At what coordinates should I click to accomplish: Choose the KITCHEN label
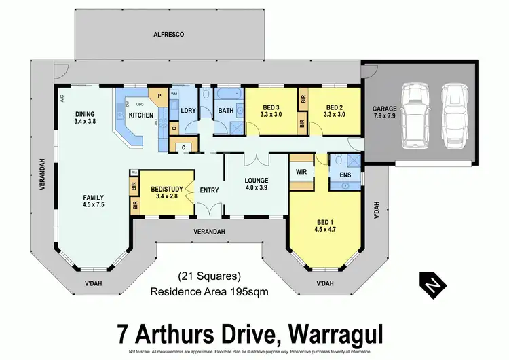click(141, 116)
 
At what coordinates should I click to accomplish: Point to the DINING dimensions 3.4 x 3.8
click(85, 123)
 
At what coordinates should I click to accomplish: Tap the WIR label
click(302, 173)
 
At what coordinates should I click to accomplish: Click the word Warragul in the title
click(336, 335)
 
